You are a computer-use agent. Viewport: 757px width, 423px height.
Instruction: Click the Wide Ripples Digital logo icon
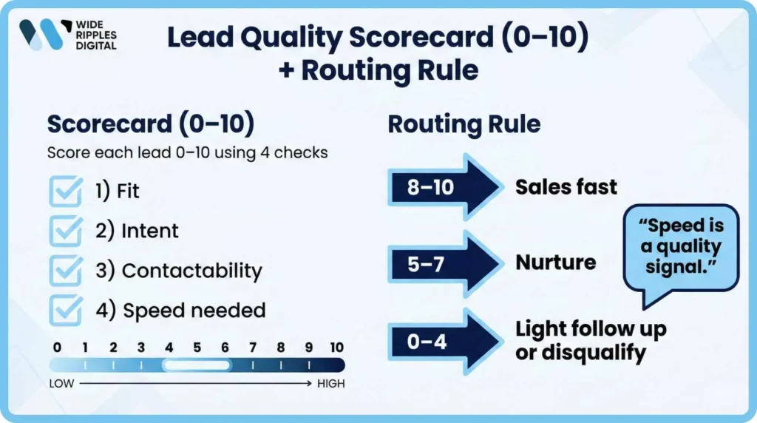coord(41,35)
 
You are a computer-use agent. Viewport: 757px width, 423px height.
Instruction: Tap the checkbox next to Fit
coord(65,191)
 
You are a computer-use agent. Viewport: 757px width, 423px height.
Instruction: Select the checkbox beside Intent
coord(65,231)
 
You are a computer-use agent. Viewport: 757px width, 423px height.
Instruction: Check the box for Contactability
coord(65,271)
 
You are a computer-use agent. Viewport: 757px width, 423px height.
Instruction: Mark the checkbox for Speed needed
coord(65,310)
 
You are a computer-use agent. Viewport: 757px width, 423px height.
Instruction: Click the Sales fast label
coord(566,187)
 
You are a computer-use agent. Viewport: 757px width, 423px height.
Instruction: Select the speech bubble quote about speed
coord(681,247)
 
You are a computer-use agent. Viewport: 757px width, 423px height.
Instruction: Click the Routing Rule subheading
coord(464,124)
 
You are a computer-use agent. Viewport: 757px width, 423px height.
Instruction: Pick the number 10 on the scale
coord(336,348)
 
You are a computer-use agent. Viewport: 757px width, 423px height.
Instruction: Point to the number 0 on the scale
coord(57,348)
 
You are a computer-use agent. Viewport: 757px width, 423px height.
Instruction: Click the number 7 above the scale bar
coord(253,348)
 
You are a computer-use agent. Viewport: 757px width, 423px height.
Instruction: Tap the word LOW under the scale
coord(61,384)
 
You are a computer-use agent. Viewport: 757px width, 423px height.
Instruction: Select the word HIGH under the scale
coord(331,384)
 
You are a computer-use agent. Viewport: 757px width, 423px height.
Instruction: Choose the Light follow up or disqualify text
coord(591,341)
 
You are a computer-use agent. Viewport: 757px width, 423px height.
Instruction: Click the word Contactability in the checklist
coord(191,271)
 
